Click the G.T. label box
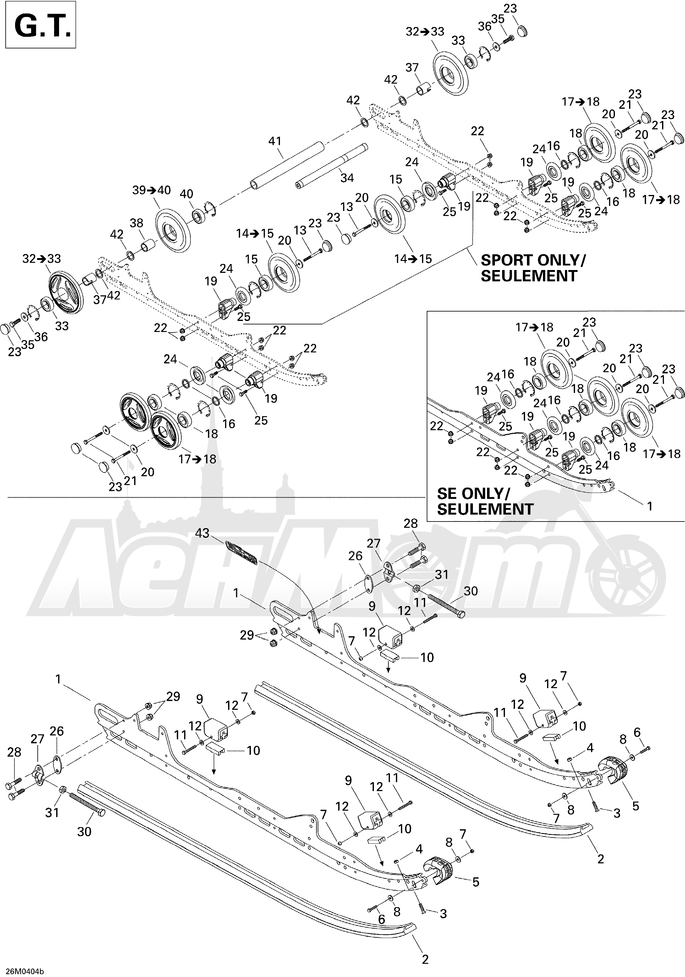(41, 25)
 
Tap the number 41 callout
(275, 141)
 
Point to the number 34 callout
(347, 178)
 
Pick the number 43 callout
(203, 533)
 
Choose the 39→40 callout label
(151, 190)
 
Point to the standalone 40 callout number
(186, 194)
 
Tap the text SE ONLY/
(473, 494)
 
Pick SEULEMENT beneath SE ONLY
(485, 509)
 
